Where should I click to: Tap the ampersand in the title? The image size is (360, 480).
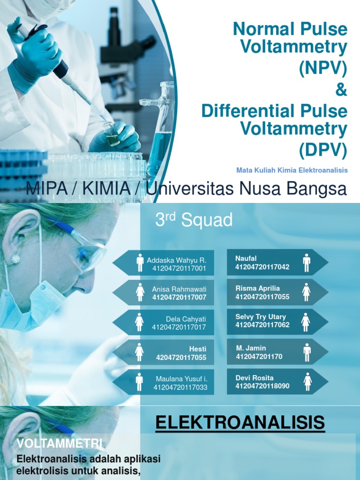tap(342, 90)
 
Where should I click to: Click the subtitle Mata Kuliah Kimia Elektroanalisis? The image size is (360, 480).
tap(292, 170)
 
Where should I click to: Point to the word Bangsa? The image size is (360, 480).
tap(319, 189)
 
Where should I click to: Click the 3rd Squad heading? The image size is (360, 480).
tap(194, 220)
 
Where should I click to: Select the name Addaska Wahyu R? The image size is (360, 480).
tap(176, 260)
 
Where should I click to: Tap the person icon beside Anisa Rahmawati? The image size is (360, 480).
tap(140, 292)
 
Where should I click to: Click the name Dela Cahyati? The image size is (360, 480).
tap(186, 319)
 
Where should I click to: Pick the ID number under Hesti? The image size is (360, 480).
tap(181, 358)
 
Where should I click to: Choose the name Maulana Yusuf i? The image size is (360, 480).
tap(181, 379)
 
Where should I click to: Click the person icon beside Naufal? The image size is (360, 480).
tap(307, 262)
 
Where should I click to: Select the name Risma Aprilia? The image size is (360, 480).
tap(257, 288)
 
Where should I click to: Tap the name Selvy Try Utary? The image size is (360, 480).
tap(260, 317)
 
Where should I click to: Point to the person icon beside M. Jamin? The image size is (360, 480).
tap(307, 352)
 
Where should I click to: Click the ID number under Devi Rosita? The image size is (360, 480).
tap(262, 386)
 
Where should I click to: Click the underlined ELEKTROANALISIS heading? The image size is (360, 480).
tap(240, 423)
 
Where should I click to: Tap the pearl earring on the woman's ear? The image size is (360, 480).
tap(15, 259)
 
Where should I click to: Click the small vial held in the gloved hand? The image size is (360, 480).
tap(112, 135)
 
